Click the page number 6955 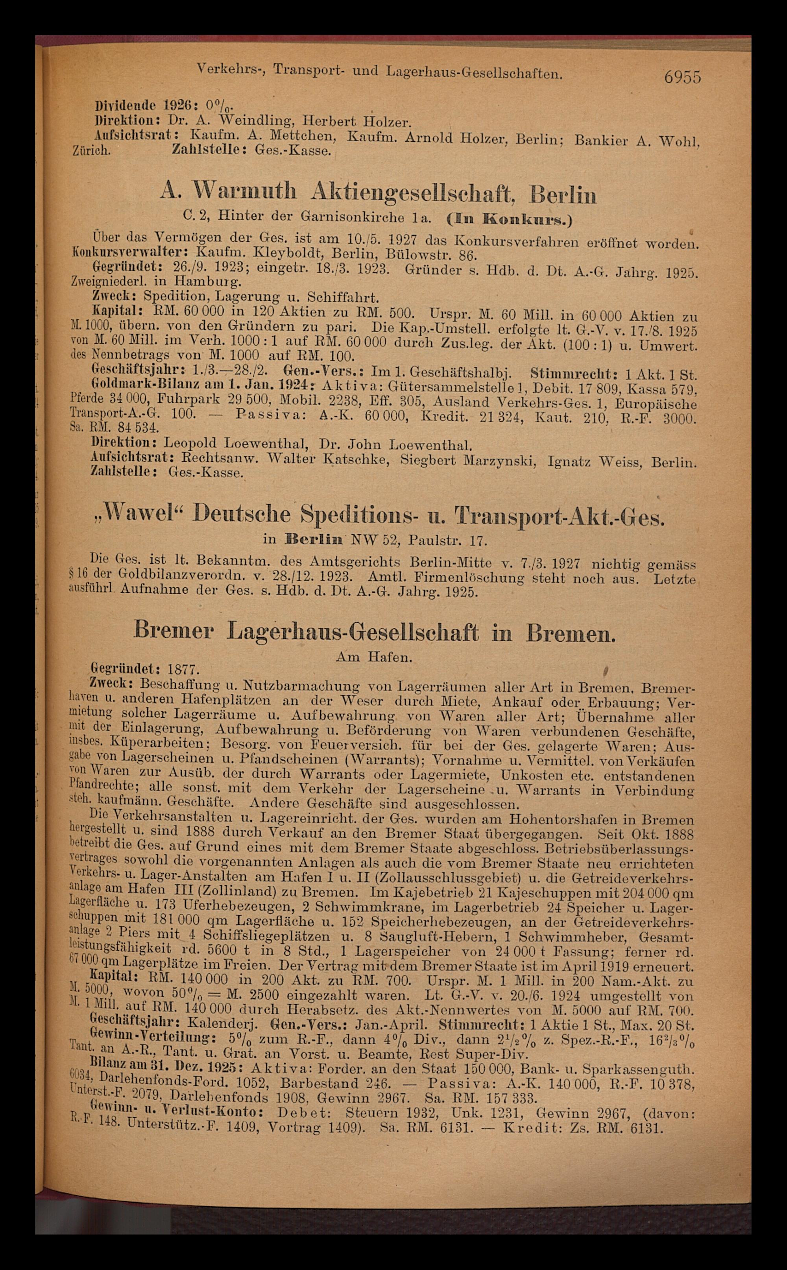[x=682, y=77]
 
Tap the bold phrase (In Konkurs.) [x=510, y=219]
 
